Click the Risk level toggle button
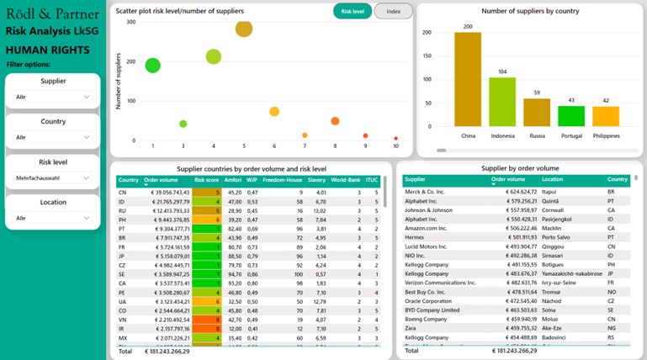coord(353,11)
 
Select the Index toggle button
coord(393,11)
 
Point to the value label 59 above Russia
coord(537,93)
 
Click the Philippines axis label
coord(606,135)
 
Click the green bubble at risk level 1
coord(152,65)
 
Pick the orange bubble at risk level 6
coord(274,112)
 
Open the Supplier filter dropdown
coord(52,97)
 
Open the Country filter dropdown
coord(52,137)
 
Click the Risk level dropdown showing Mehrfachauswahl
coord(52,177)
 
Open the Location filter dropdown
coord(52,218)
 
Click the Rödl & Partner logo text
coord(52,13)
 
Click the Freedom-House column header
coord(281,179)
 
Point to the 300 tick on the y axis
coord(130,22)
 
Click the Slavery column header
coord(316,179)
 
